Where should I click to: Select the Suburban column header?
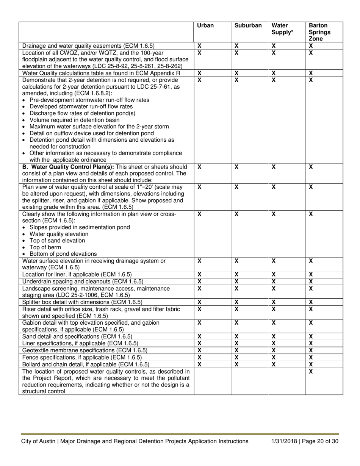tap(248, 26)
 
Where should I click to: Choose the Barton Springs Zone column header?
tap(319, 32)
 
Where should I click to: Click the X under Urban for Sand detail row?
tap(200, 336)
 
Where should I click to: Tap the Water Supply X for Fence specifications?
tap(274, 357)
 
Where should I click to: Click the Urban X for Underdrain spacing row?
tap(200, 281)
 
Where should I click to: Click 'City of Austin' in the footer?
tap(38, 441)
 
